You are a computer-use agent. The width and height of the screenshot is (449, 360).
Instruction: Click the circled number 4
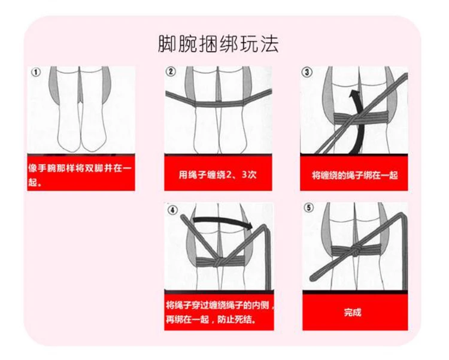[172, 210]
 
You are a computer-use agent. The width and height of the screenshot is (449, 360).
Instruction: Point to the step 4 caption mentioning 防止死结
[219, 313]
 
